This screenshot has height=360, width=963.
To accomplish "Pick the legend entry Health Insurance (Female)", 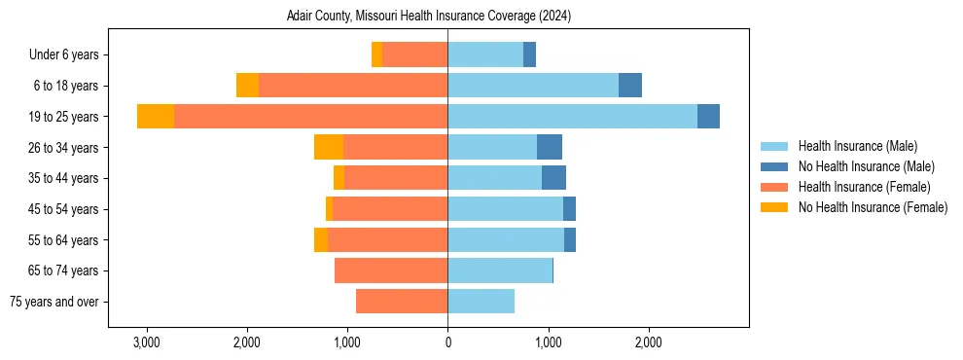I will point(864,187).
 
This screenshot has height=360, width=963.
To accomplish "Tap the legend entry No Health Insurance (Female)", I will point(873,207).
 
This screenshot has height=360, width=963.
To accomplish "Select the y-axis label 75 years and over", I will point(53,302).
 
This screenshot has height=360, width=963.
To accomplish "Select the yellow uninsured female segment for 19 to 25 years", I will point(156,117).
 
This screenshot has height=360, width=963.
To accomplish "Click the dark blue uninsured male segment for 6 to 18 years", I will point(630,86).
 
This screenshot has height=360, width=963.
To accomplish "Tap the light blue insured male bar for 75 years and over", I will point(481,302).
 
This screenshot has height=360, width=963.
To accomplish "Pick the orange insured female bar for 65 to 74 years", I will point(391,270).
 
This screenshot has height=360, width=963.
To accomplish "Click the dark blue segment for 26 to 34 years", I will point(550,147).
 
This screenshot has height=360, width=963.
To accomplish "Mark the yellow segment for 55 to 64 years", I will point(321,239).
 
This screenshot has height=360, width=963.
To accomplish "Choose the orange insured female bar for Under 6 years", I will point(415,54).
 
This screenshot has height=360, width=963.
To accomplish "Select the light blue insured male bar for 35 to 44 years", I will point(494,178).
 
